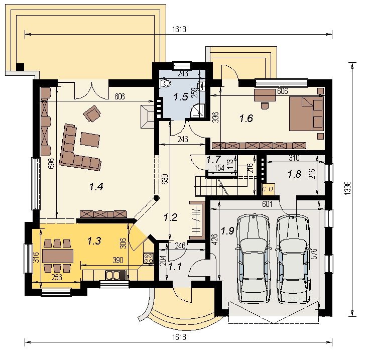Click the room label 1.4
click(x=96, y=187)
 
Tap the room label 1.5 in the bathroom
click(x=181, y=97)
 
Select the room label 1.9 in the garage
click(x=227, y=231)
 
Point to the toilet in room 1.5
click(x=166, y=83)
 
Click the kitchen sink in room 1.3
click(x=113, y=275)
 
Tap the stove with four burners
click(x=149, y=258)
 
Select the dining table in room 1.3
click(x=58, y=256)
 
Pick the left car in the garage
click(x=253, y=259)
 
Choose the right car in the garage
click(x=293, y=259)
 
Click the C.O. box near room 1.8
click(x=268, y=189)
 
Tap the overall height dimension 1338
click(x=348, y=188)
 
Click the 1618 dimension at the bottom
click(x=179, y=337)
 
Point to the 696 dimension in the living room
click(x=51, y=163)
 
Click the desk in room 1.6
click(x=265, y=95)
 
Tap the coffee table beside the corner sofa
click(x=90, y=140)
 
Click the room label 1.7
click(x=214, y=160)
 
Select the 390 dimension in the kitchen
click(x=118, y=260)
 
